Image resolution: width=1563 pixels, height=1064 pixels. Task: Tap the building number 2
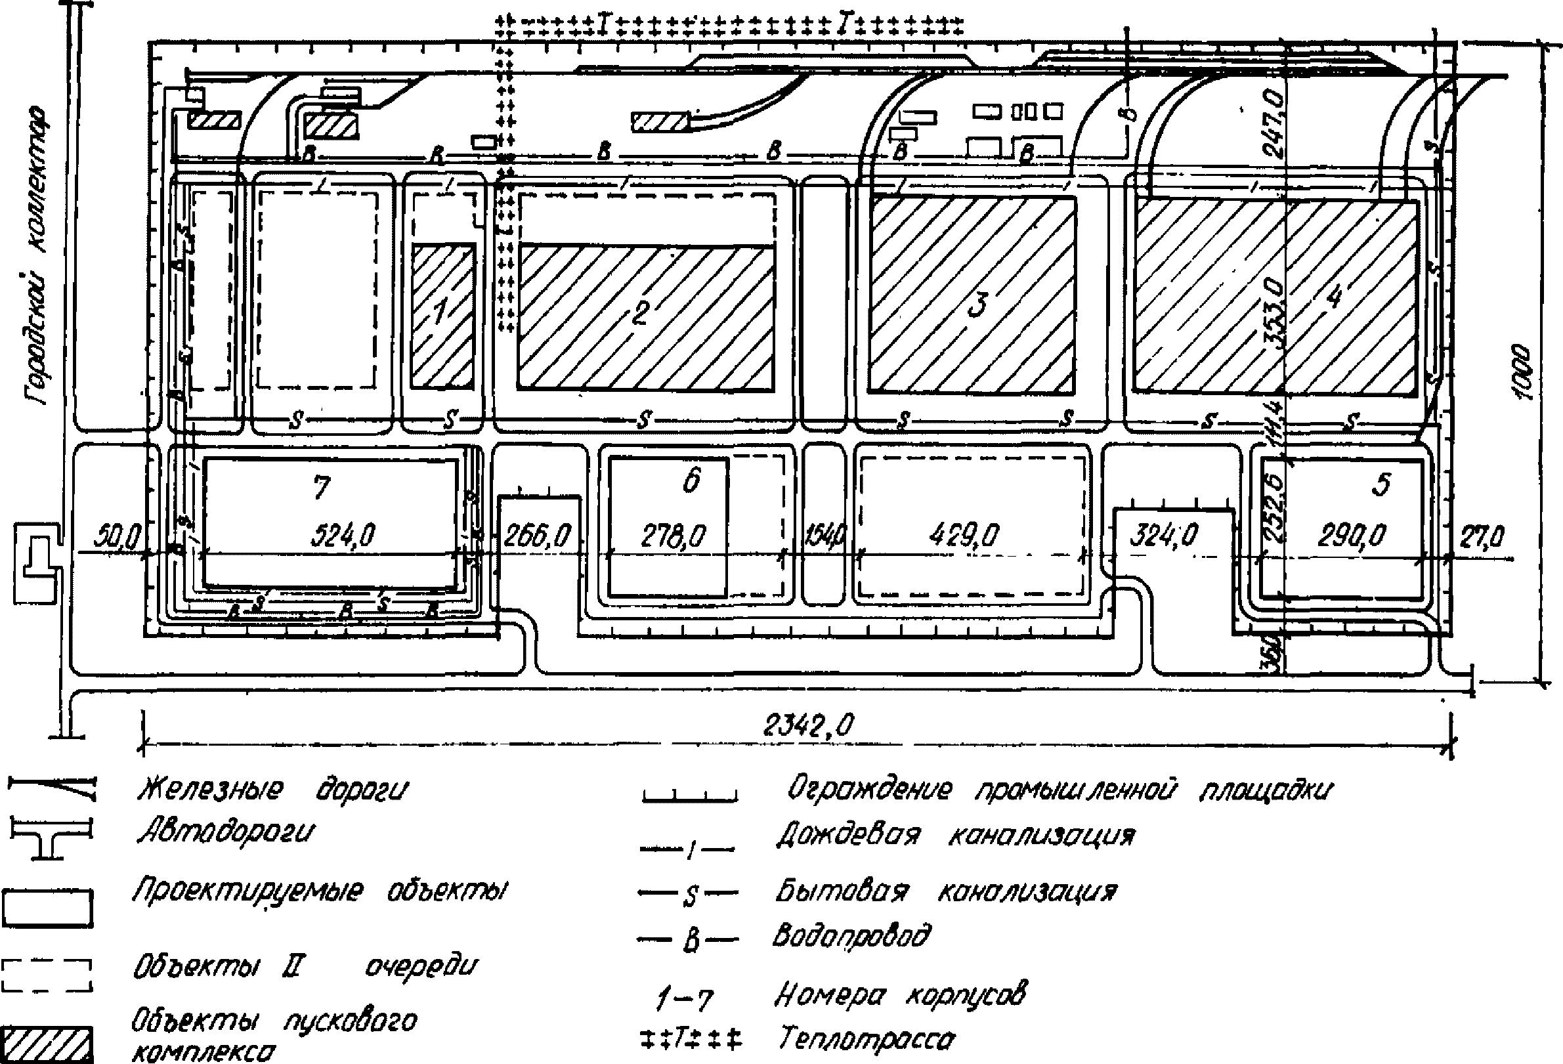click(640, 312)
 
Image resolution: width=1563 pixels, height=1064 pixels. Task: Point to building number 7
click(322, 486)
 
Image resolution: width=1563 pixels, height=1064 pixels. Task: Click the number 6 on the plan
click(691, 480)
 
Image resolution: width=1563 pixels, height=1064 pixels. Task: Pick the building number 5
click(1381, 484)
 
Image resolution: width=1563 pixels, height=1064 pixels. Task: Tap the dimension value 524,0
click(343, 536)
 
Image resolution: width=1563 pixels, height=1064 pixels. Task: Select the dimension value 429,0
click(963, 536)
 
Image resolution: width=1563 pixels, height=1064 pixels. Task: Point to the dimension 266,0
click(536, 536)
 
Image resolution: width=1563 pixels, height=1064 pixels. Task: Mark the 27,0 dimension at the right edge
click(1482, 537)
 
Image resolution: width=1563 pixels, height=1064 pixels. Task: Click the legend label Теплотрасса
click(867, 1039)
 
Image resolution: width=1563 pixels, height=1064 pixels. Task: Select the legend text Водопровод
click(851, 935)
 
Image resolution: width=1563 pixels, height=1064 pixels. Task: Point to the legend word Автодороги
click(225, 833)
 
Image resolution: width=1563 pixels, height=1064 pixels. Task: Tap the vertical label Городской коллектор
click(37, 255)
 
